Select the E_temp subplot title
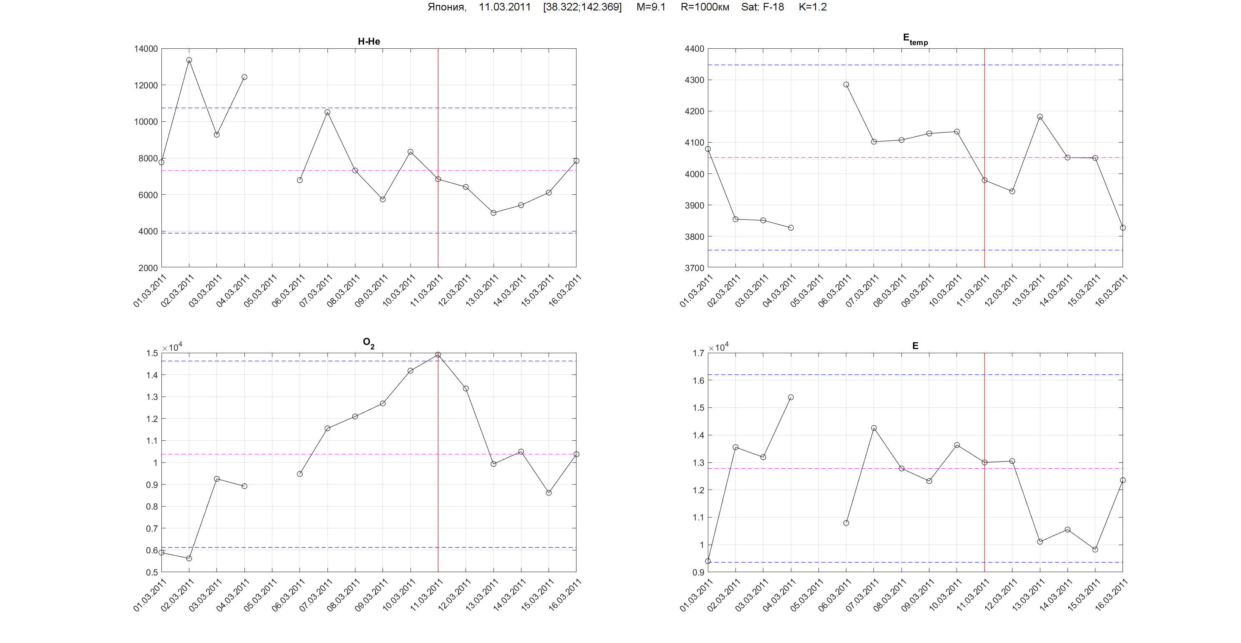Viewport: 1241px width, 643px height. tap(915, 39)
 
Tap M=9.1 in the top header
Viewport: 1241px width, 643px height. tap(650, 7)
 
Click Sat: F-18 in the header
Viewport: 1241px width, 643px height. tap(762, 7)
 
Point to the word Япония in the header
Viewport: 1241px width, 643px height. tap(446, 7)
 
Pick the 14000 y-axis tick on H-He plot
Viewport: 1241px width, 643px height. tap(146, 49)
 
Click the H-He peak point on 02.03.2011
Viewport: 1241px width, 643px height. tap(189, 60)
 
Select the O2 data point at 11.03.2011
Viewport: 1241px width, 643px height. tap(438, 355)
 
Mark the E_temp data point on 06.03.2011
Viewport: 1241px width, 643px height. tap(846, 85)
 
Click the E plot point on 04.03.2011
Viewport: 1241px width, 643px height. tap(790, 397)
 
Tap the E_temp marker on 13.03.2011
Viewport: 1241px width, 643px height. tap(1040, 117)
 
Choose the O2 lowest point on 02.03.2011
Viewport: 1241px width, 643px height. tap(189, 558)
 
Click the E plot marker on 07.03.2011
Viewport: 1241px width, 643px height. tap(874, 428)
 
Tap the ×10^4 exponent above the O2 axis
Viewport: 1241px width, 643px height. tap(172, 347)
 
